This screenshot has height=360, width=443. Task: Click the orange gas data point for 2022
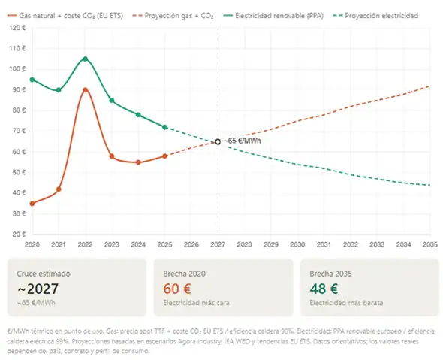coord(85,90)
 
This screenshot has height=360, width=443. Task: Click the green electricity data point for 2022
coord(85,59)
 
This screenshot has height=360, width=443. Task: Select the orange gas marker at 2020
coord(32,204)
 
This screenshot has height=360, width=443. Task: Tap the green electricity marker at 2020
coord(32,80)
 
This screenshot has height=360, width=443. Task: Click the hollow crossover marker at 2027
coord(218,141)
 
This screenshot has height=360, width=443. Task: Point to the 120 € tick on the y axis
coord(17,28)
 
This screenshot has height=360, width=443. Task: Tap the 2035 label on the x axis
coord(430,245)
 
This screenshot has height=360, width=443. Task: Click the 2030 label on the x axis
coord(297,245)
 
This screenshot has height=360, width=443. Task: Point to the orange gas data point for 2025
coord(164,156)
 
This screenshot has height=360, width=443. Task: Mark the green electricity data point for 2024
coord(138,115)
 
